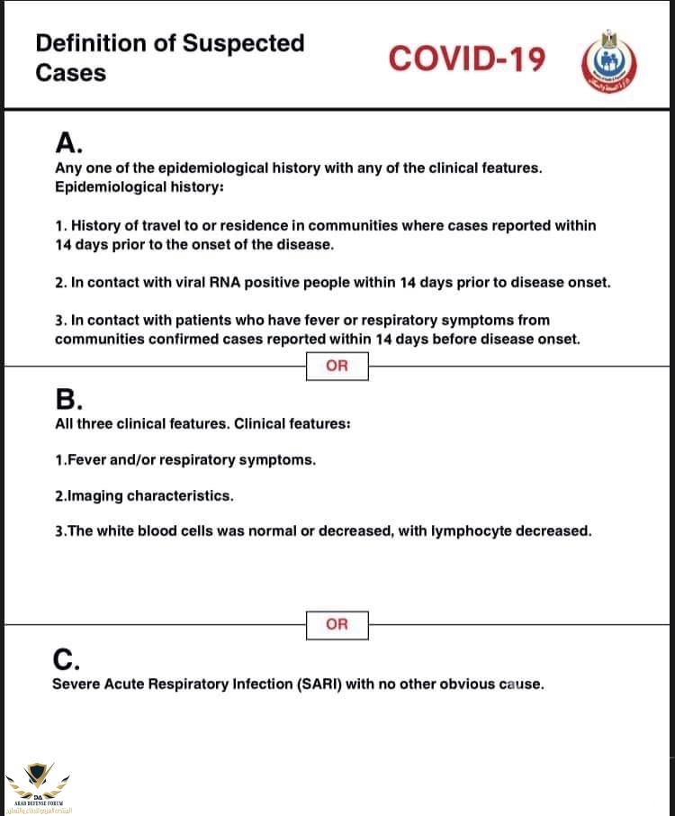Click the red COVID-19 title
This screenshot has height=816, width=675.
(467, 59)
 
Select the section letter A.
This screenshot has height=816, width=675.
(68, 143)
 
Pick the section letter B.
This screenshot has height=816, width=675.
(68, 399)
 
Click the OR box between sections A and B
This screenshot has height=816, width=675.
(337, 367)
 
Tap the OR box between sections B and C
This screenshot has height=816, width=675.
(337, 623)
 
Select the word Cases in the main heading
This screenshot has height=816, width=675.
(70, 73)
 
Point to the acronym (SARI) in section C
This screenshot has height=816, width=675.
(319, 684)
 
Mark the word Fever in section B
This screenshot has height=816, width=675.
(86, 459)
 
